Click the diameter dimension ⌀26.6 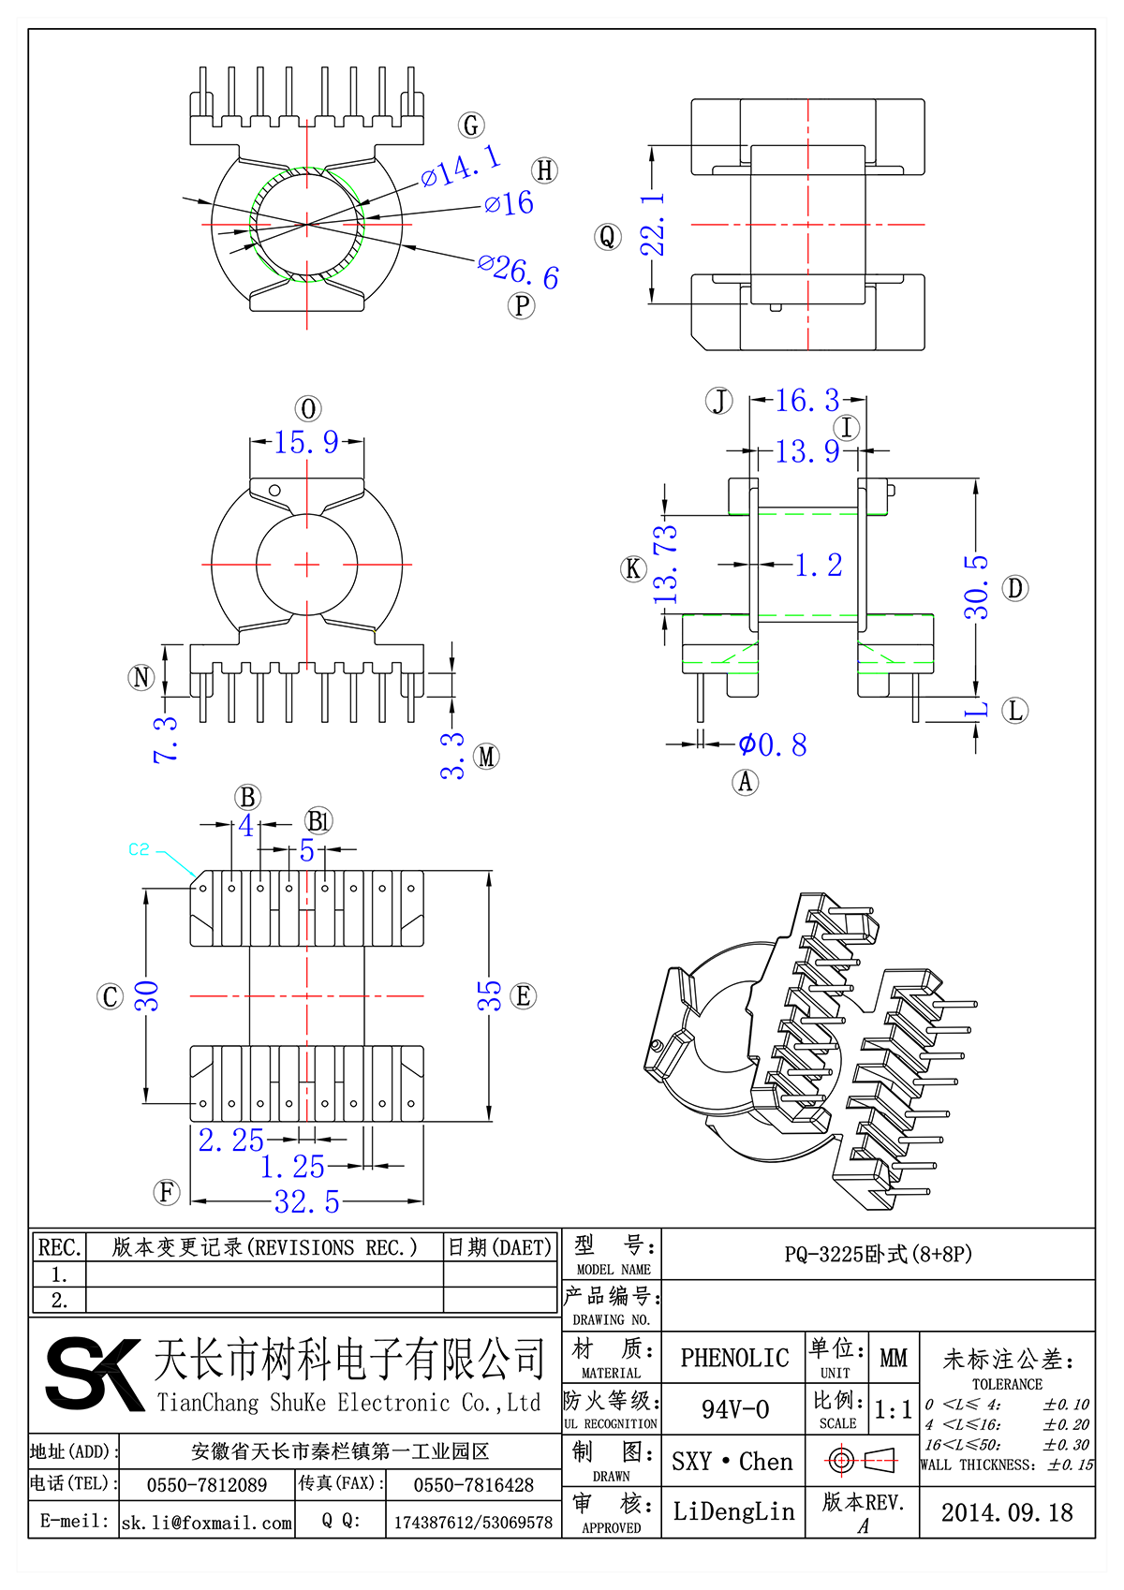click(x=518, y=272)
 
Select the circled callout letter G click(x=471, y=125)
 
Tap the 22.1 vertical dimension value click(x=653, y=225)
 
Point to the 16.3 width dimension click(x=806, y=401)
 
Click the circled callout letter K click(x=633, y=568)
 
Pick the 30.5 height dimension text click(x=976, y=587)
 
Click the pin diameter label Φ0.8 click(x=772, y=744)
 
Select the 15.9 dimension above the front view click(x=306, y=442)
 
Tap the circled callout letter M click(x=486, y=757)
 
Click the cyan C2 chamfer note click(x=139, y=849)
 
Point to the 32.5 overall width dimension click(x=306, y=1201)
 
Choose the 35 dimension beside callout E click(x=490, y=995)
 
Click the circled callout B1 click(x=318, y=821)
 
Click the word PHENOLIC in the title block click(x=734, y=1358)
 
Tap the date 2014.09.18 click(x=1007, y=1512)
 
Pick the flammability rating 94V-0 click(x=735, y=1409)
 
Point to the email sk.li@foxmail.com click(x=207, y=1523)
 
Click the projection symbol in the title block click(x=862, y=1460)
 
